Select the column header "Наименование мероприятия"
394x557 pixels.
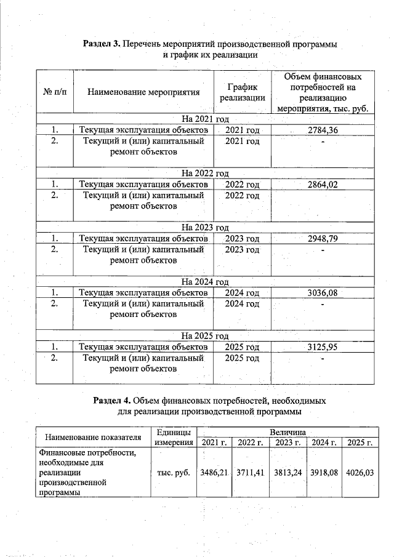(143, 92)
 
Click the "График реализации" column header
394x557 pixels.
(242, 92)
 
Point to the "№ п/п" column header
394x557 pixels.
(55, 92)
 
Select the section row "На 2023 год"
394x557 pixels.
(205, 228)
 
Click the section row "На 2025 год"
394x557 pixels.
(205, 336)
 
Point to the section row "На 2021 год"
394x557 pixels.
(205, 119)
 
